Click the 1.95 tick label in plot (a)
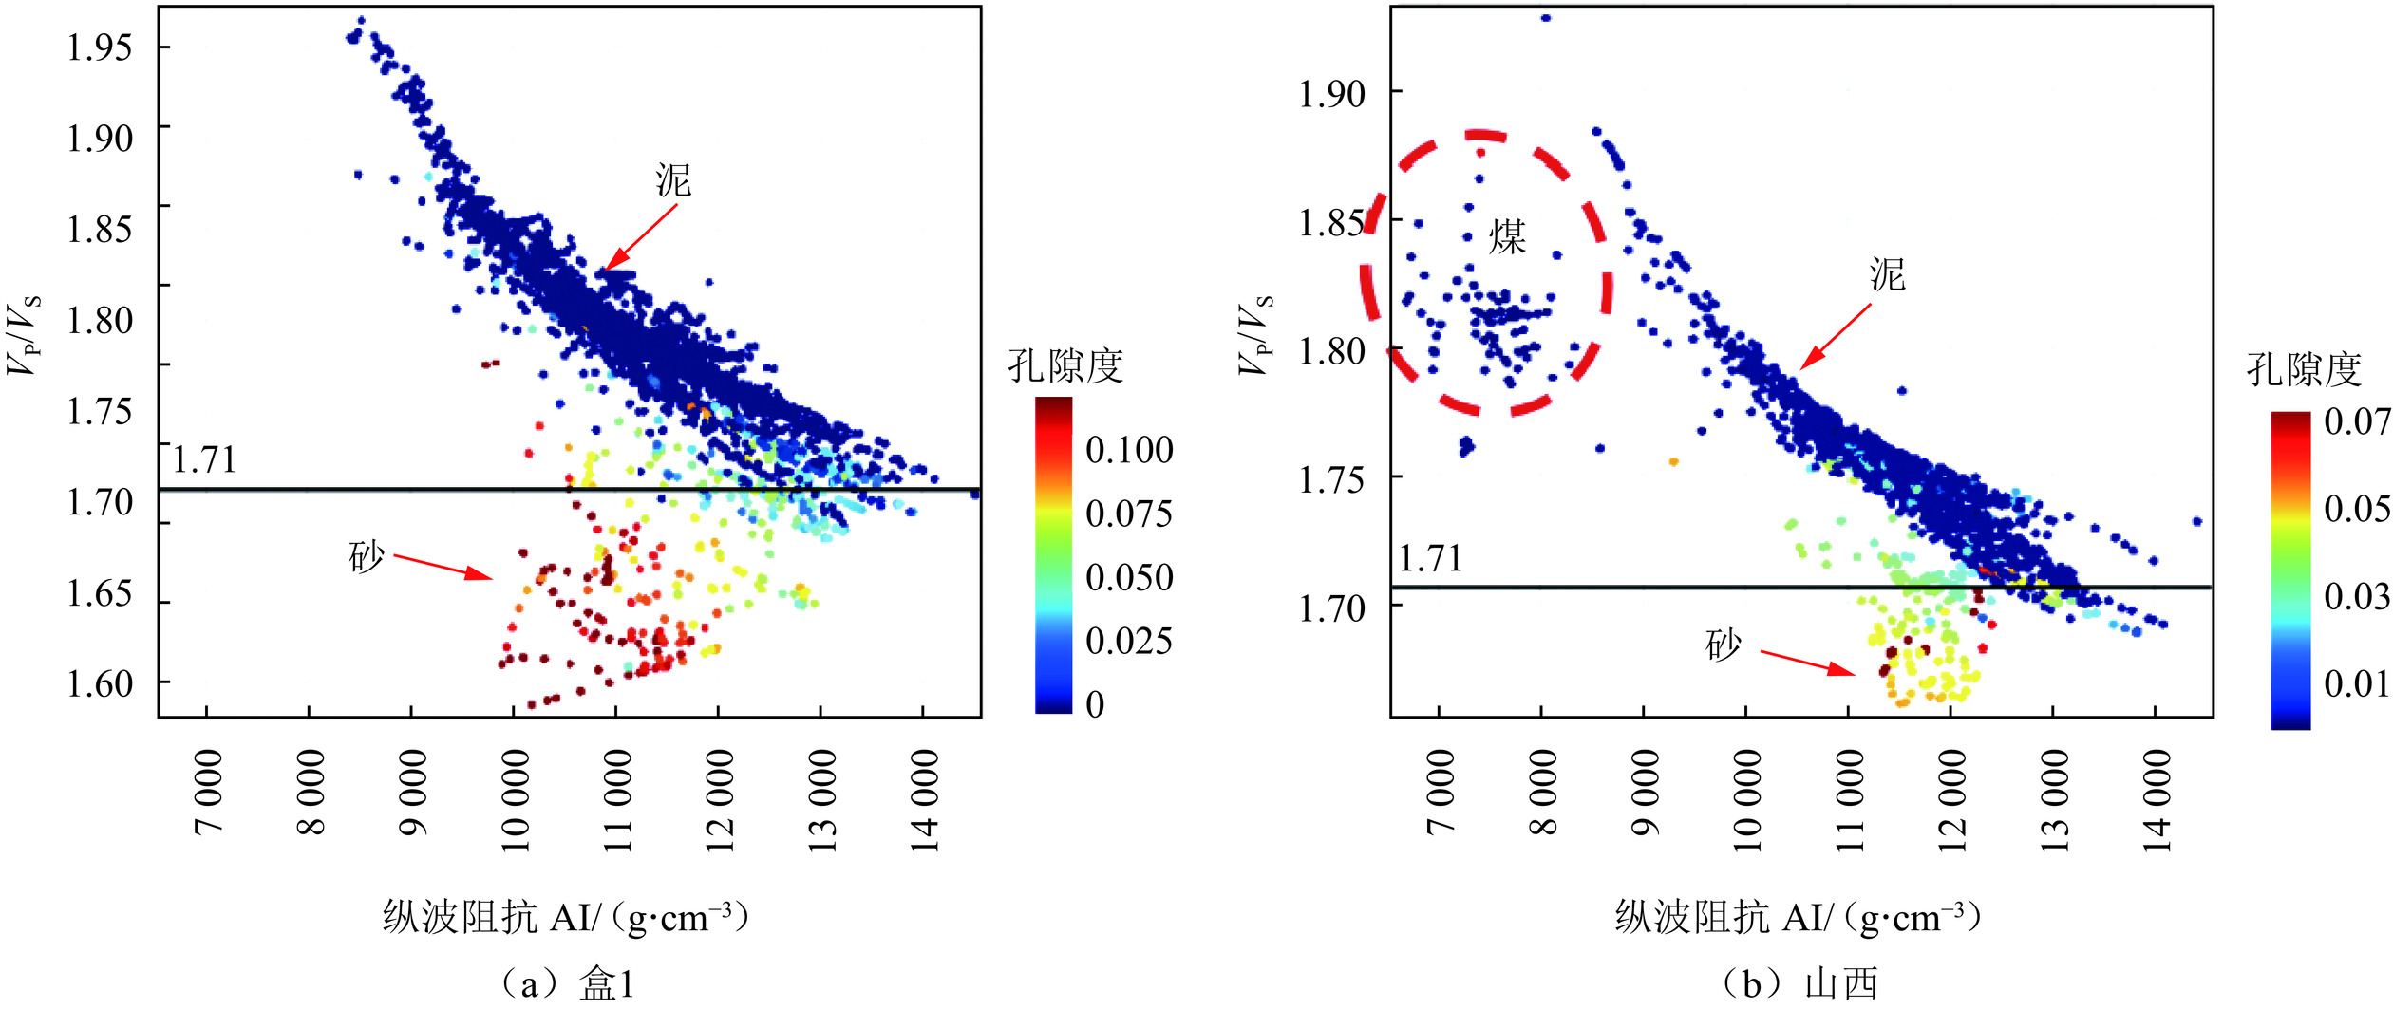(100, 47)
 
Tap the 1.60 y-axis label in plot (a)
(100, 683)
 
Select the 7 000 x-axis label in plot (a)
(209, 793)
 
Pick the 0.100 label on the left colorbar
(1129, 450)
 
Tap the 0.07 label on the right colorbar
(2355, 420)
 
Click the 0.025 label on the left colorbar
(1129, 642)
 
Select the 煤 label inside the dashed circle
(1507, 236)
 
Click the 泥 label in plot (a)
(673, 180)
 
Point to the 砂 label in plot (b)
(1724, 645)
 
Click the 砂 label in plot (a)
(367, 557)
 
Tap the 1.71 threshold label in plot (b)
(1430, 558)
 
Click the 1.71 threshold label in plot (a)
(204, 460)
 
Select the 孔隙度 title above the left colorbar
(1065, 366)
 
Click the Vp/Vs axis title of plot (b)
(1255, 335)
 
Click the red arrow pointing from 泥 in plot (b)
(1836, 336)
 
